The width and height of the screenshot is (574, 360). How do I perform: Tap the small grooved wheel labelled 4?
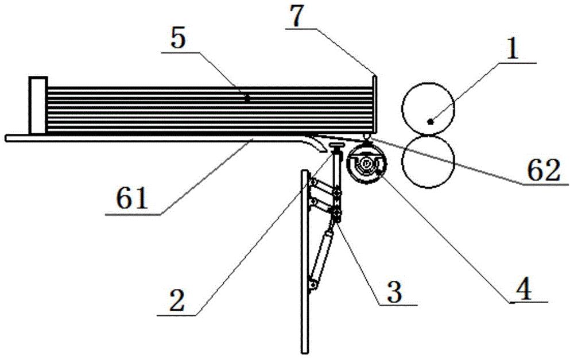(x=365, y=164)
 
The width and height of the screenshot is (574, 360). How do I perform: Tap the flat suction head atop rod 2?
(x=336, y=148)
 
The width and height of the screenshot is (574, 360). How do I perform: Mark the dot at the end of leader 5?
(x=247, y=99)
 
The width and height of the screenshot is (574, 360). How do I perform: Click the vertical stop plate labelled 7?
(x=374, y=106)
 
